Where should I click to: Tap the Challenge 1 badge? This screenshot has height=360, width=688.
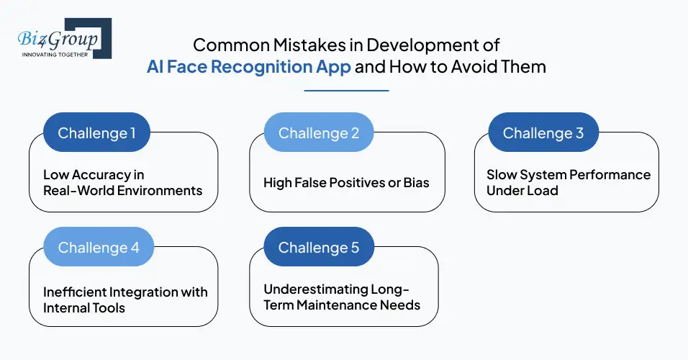point(96,133)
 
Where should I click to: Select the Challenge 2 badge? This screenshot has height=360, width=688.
point(317,133)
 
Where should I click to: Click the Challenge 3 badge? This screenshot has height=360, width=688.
point(543,133)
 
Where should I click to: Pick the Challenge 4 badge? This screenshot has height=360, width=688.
point(99,248)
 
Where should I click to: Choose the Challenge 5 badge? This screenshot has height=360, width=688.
point(319,248)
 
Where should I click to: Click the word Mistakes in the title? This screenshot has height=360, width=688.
point(281,45)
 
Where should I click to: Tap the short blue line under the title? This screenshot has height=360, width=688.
point(346,91)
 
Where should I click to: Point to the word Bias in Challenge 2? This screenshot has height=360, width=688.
point(416,183)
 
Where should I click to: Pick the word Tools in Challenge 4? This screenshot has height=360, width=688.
point(108,307)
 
